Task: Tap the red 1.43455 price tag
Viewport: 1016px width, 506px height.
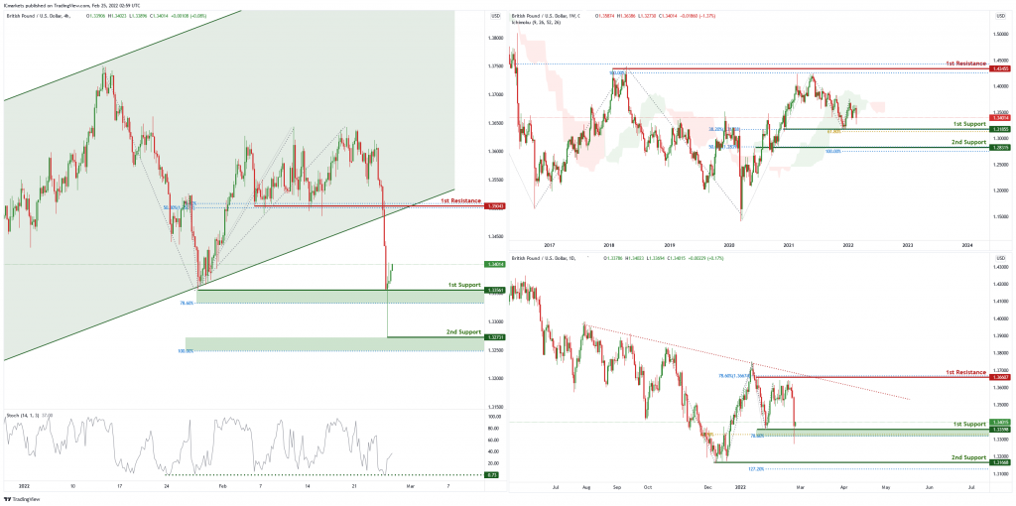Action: [1001, 69]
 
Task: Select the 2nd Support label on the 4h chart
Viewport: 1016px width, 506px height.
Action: [461, 331]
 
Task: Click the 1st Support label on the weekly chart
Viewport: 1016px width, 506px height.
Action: [968, 123]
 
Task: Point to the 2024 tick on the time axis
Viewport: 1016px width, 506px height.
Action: [966, 244]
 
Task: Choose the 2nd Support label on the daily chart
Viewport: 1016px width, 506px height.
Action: [968, 457]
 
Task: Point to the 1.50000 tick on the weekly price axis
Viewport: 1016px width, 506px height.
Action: [1001, 32]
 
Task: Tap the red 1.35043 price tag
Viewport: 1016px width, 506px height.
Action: [496, 206]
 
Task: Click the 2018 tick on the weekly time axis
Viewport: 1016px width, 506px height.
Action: [609, 244]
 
